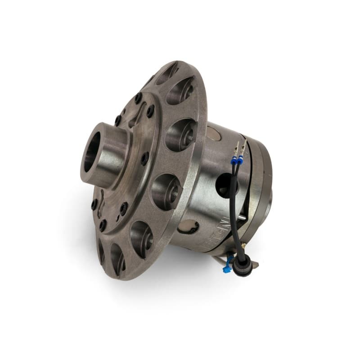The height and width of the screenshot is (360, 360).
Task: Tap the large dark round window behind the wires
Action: tap(225, 183)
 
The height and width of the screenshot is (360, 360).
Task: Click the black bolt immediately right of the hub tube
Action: tap(144, 158)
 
